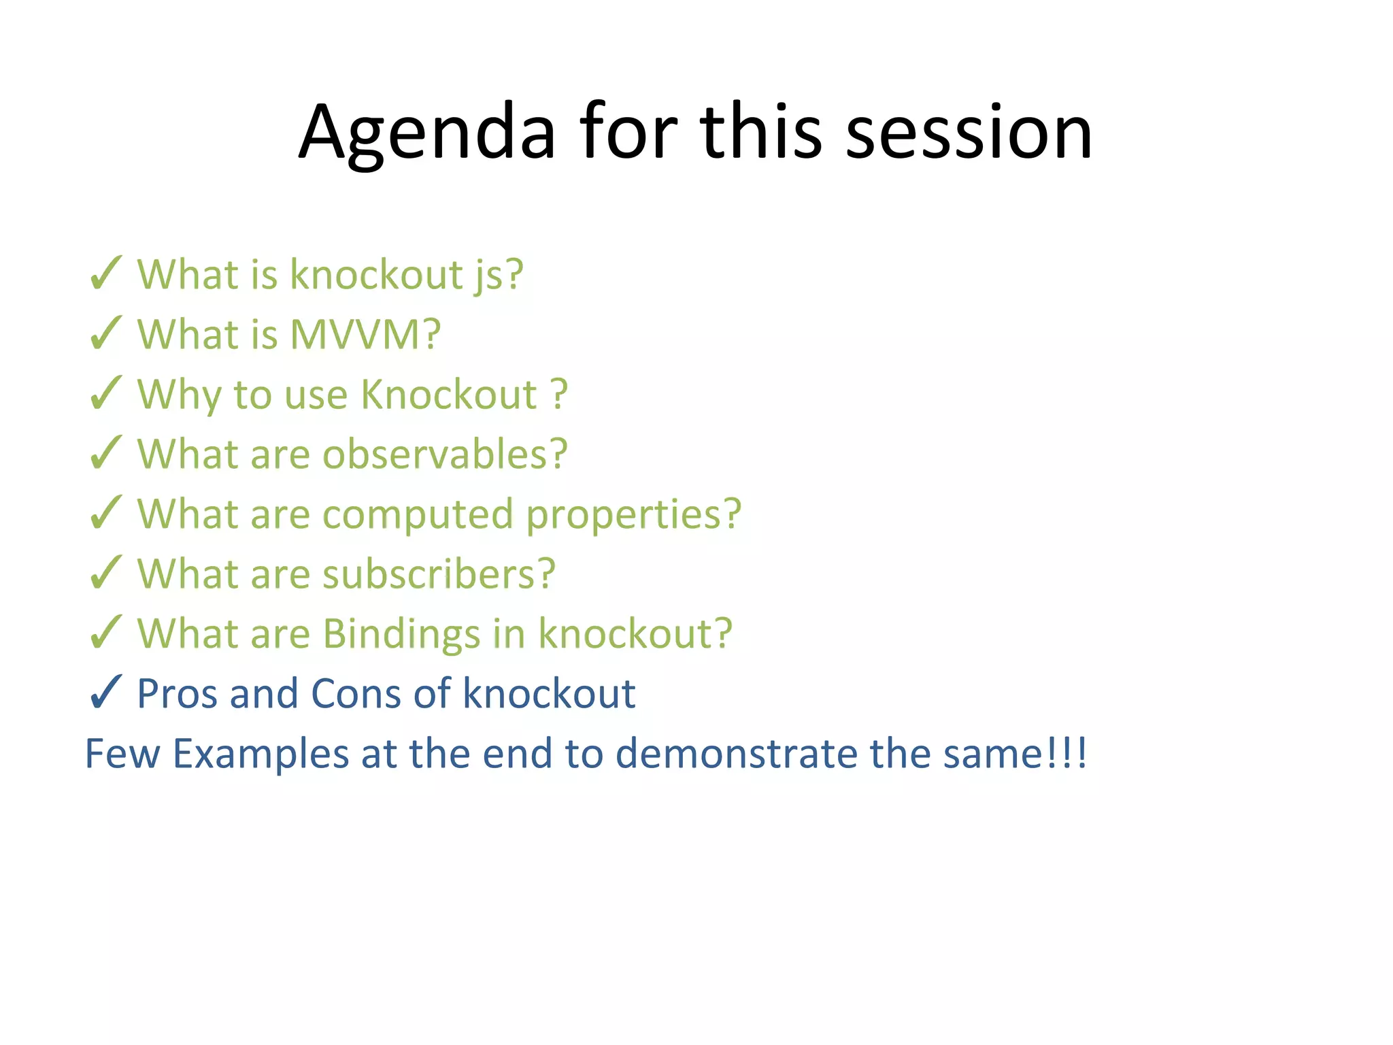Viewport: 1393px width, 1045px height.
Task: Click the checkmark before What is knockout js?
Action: click(x=105, y=273)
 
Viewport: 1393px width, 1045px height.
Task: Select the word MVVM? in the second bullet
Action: click(x=365, y=334)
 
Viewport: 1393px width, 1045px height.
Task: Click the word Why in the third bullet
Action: click(x=179, y=395)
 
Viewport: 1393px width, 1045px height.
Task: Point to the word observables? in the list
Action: click(x=444, y=454)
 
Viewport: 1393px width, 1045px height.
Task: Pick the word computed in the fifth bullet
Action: click(x=418, y=515)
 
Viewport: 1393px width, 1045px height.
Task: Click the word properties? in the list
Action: click(x=633, y=515)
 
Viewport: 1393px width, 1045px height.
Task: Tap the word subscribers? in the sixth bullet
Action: click(x=439, y=574)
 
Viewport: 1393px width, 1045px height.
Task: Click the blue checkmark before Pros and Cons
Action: click(x=105, y=693)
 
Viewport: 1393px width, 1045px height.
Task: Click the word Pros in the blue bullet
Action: click(x=178, y=693)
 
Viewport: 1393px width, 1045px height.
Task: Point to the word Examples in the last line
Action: click(x=261, y=754)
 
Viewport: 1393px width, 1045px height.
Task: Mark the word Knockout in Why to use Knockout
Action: click(x=449, y=394)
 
